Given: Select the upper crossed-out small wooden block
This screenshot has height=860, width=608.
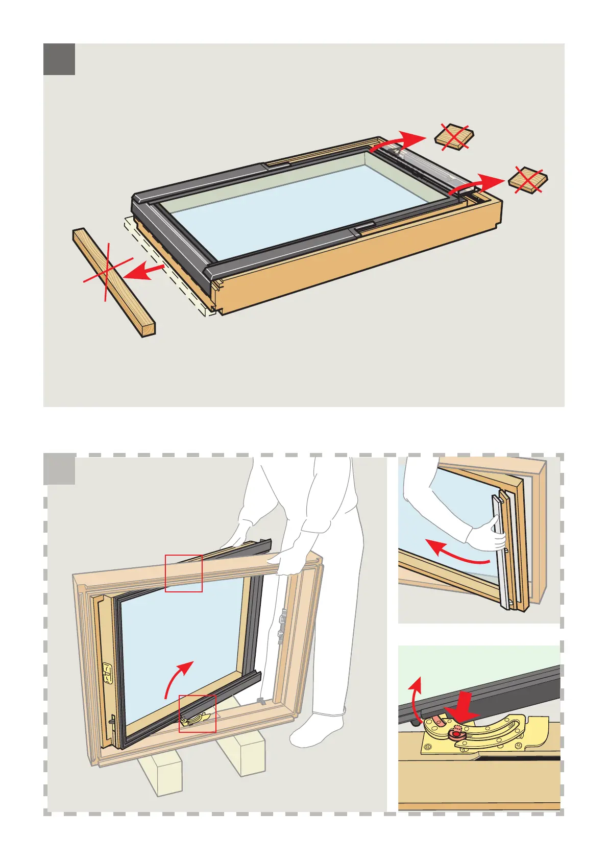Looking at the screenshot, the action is (x=454, y=137).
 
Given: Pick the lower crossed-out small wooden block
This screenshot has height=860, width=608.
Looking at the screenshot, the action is (x=527, y=180).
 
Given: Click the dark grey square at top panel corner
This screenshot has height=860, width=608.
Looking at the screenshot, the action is (x=59, y=59).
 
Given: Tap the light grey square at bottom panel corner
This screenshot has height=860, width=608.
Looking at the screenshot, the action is (x=59, y=469).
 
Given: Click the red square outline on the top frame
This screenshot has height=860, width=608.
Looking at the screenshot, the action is (x=184, y=573).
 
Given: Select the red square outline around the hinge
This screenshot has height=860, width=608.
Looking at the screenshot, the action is (x=197, y=713).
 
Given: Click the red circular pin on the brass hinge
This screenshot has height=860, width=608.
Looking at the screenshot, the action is (x=453, y=734).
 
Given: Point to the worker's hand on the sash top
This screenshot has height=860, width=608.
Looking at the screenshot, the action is (x=238, y=536).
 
